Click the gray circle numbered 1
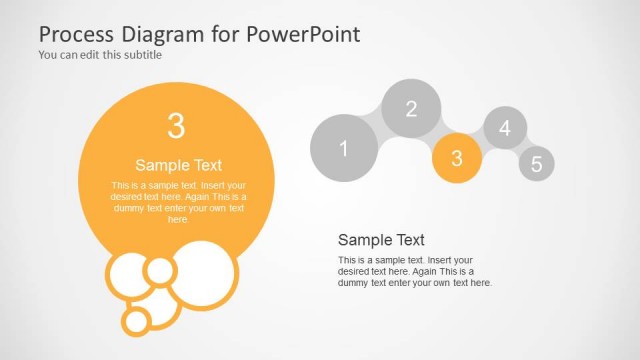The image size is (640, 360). coord(344,150)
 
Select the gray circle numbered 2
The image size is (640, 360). coord(411,109)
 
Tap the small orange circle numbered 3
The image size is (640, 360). coord(457,158)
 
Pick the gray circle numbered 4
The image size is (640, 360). coord(505,128)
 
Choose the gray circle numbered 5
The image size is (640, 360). coord(536,164)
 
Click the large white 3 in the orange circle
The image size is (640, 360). coord(176,126)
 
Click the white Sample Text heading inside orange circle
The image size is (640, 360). coord(178,166)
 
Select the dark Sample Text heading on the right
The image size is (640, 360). coord(381,240)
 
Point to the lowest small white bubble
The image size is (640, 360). coord(136,320)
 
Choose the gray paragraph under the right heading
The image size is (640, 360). coord(415,272)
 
